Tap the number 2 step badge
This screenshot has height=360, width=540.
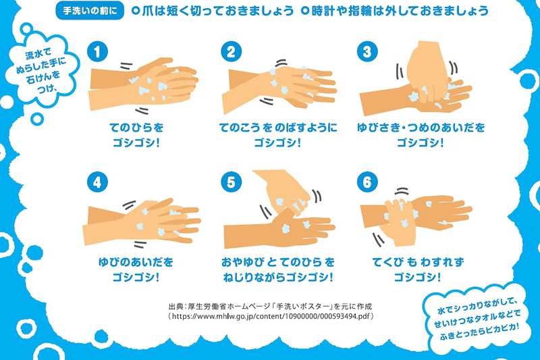[232, 52]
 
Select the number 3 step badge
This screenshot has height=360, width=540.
[367, 52]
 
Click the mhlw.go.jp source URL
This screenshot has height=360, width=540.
[271, 316]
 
